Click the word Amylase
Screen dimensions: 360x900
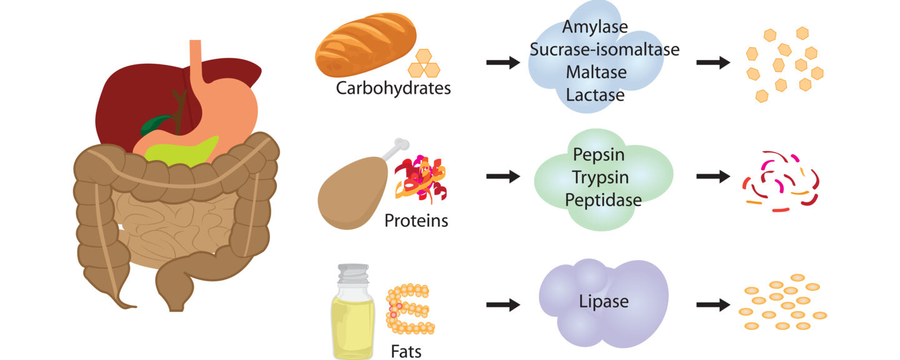tap(595, 27)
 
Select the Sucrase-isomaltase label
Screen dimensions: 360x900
tap(604, 49)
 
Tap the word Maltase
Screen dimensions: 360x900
tap(596, 72)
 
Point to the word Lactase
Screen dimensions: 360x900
tap(595, 95)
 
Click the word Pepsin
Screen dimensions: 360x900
tap(598, 154)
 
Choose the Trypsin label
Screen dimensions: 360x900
tap(600, 177)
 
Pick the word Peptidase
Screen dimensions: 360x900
tap(603, 200)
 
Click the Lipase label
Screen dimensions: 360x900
tap(603, 302)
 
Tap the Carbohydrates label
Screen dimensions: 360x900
tap(393, 88)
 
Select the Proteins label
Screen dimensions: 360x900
tap(416, 221)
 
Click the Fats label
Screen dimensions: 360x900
tap(406, 351)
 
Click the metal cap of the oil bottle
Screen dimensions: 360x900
tap(353, 272)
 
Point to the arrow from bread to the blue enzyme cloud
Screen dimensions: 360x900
tap(503, 62)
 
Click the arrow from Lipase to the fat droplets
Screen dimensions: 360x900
tap(713, 305)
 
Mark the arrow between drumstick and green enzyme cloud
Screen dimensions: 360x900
tap(503, 177)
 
